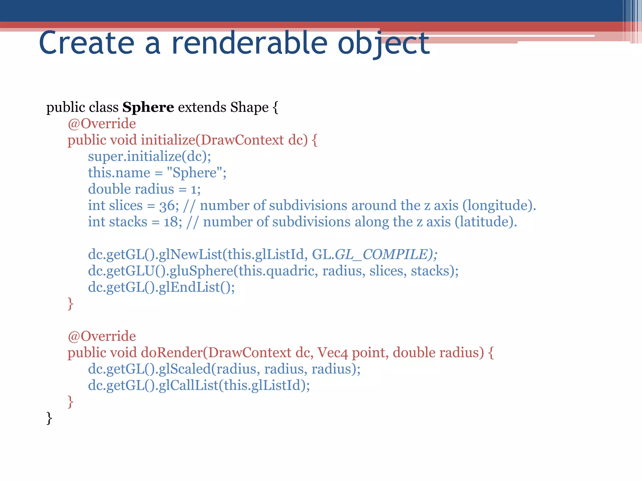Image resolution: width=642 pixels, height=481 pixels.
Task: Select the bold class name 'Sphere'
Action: [148, 107]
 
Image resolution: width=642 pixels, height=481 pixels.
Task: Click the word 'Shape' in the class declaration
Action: [249, 107]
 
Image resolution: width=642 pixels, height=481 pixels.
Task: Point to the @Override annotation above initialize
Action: [102, 124]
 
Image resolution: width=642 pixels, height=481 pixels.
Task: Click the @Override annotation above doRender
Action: [102, 336]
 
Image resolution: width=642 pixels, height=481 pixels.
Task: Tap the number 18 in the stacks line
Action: [171, 222]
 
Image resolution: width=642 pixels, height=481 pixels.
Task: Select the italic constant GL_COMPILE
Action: [381, 254]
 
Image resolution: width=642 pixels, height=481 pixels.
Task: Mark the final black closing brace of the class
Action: [49, 418]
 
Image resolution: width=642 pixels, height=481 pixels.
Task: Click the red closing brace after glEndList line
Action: [70, 303]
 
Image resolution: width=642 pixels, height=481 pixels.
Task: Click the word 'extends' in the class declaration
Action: [202, 107]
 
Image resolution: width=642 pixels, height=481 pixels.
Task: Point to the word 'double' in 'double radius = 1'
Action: [109, 189]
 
